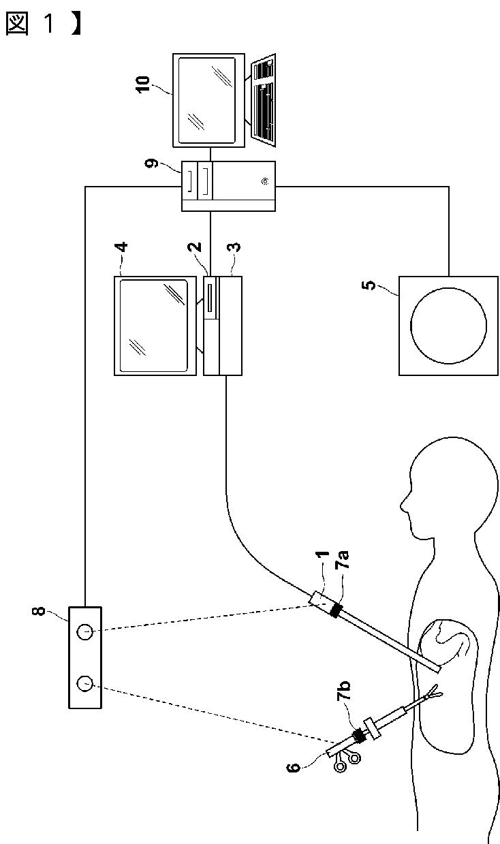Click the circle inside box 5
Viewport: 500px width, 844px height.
tap(449, 325)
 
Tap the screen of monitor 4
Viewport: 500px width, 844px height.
tap(153, 325)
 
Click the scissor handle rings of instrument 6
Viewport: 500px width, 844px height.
tap(345, 762)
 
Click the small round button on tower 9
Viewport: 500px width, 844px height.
tap(264, 181)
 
